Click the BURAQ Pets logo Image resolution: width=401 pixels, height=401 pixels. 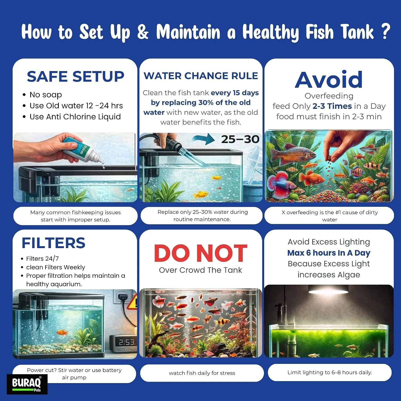coord(27,384)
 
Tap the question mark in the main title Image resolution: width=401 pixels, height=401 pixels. coord(385,32)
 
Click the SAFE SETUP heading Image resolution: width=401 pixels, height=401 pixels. coord(76,76)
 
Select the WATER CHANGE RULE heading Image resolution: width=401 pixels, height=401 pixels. coord(201,76)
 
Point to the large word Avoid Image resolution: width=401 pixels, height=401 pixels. coord(329,80)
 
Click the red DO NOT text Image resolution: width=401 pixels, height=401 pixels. coord(200,253)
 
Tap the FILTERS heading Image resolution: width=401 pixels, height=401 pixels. coord(53,243)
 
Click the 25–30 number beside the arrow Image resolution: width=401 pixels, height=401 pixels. coord(240,139)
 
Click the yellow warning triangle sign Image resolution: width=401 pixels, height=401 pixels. coord(132,302)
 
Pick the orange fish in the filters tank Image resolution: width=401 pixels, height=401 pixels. coord(61,332)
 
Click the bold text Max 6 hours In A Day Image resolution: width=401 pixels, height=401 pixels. coord(329,253)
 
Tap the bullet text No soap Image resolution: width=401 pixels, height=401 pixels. coord(46,95)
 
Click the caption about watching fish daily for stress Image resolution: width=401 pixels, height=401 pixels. coord(202,373)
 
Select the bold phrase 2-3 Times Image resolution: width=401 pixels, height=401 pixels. coord(332,106)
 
